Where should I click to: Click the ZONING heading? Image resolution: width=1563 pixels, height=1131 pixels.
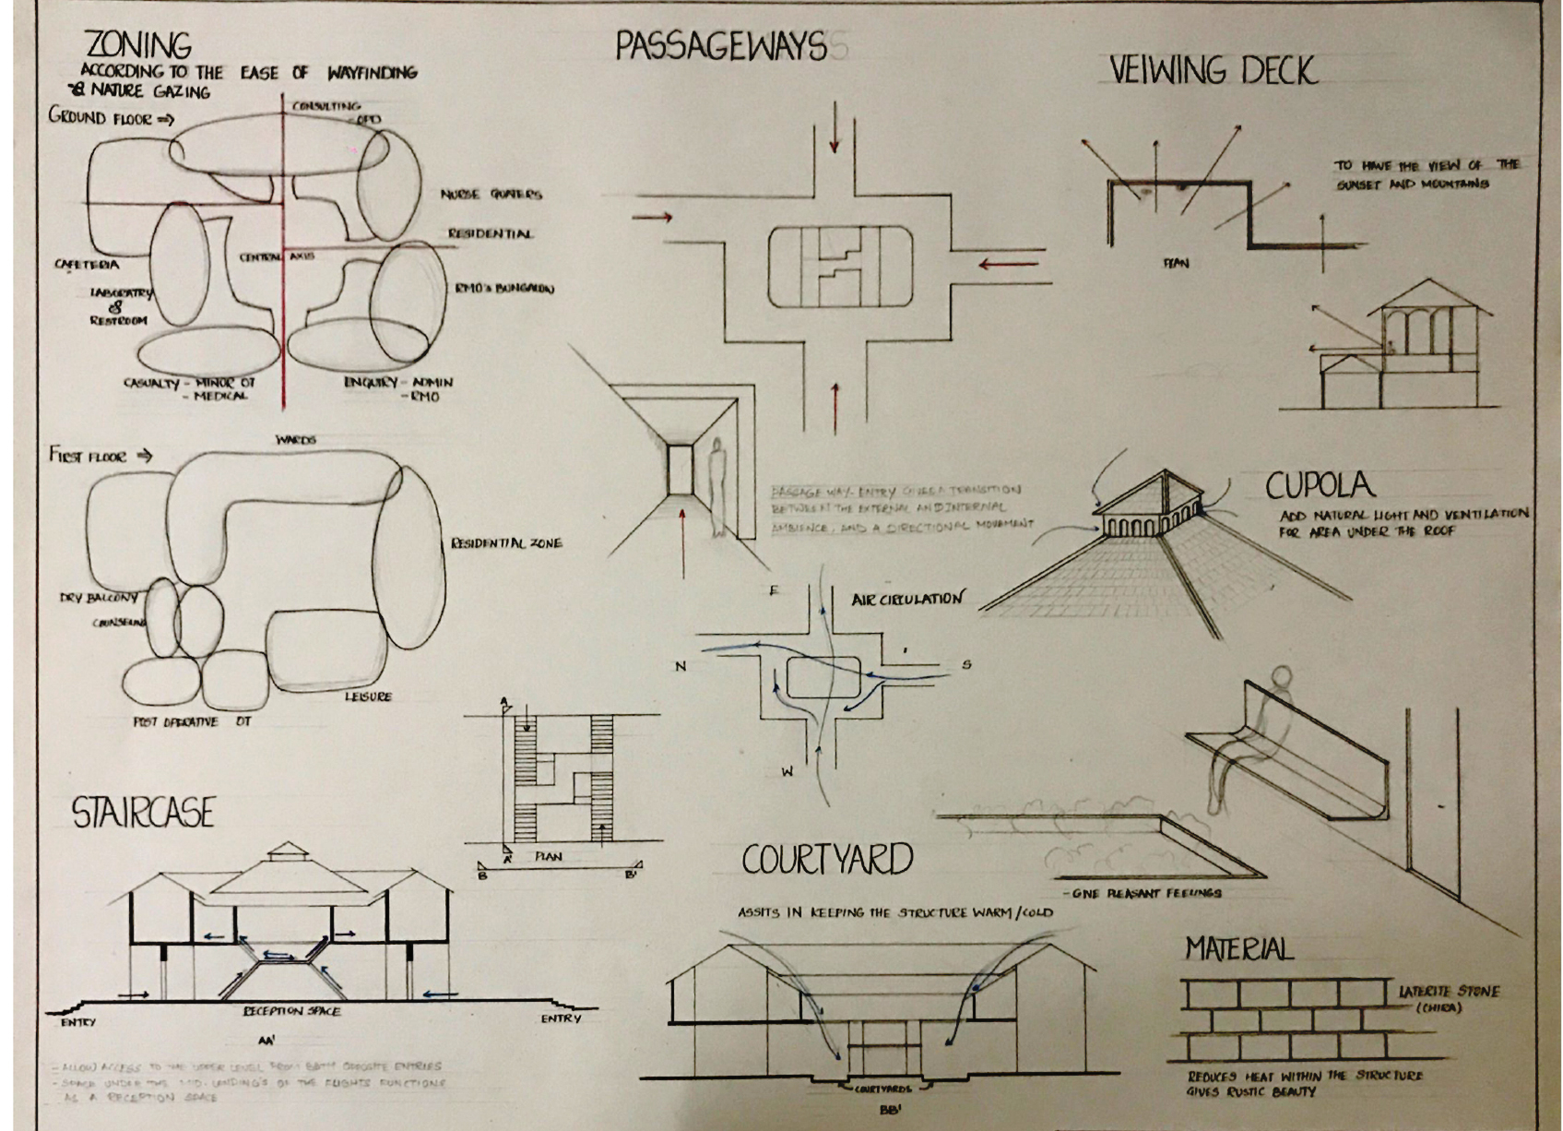pos(138,44)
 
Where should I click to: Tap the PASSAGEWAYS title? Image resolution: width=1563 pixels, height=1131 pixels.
pos(720,46)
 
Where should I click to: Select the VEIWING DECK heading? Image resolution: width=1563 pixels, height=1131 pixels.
pos(1213,70)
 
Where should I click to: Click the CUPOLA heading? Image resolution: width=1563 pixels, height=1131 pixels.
pos(1319,486)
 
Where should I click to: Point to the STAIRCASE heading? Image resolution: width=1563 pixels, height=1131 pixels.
pos(143,813)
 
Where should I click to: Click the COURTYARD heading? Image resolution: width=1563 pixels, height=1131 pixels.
pos(827,860)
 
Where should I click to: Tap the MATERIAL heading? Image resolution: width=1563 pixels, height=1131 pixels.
pos(1238,948)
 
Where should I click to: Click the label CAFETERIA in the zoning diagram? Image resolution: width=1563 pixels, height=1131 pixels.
pos(87,265)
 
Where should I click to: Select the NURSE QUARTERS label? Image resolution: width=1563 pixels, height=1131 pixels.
pos(491,195)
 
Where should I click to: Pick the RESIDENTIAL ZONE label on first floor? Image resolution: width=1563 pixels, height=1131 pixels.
pos(505,543)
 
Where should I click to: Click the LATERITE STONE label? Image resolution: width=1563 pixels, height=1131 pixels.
pos(1449,992)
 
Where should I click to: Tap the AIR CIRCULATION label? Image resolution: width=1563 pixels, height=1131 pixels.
pos(906,600)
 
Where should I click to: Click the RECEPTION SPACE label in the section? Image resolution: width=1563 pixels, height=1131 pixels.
pos(290,1011)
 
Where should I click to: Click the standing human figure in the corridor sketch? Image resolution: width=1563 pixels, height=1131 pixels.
pos(717,489)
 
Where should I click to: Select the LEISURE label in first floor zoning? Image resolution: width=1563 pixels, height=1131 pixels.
pos(368,696)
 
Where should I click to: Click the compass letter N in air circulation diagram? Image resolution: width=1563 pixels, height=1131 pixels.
pos(681,666)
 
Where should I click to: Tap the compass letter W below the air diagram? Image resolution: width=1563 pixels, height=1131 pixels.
pos(787,773)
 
